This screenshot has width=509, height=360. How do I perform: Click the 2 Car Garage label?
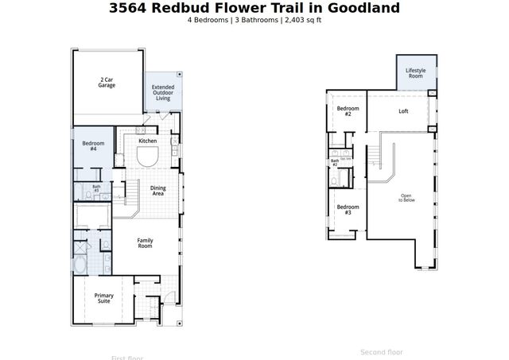(107, 82)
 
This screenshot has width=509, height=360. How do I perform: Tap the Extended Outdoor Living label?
(163, 92)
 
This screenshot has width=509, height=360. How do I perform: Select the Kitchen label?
(148, 141)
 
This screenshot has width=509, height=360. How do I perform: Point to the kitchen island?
(148, 157)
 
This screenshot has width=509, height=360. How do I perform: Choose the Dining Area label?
(158, 191)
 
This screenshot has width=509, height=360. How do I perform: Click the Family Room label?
(145, 243)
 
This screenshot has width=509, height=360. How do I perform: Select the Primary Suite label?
(104, 298)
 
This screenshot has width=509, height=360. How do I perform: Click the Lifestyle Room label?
(415, 73)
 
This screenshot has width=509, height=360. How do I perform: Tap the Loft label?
(403, 111)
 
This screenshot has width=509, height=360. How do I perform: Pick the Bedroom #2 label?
(348, 111)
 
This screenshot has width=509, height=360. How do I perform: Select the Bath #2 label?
(335, 162)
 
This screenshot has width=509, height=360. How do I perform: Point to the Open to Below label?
(406, 198)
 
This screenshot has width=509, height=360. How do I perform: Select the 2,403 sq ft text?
(298, 20)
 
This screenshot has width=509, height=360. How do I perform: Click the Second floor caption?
(382, 352)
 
